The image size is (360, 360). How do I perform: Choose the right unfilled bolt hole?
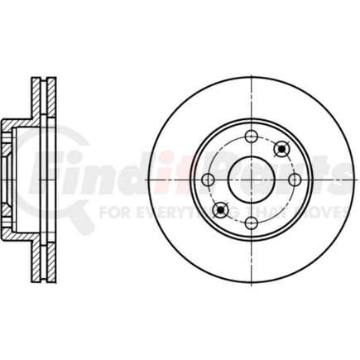pos(294,179)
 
